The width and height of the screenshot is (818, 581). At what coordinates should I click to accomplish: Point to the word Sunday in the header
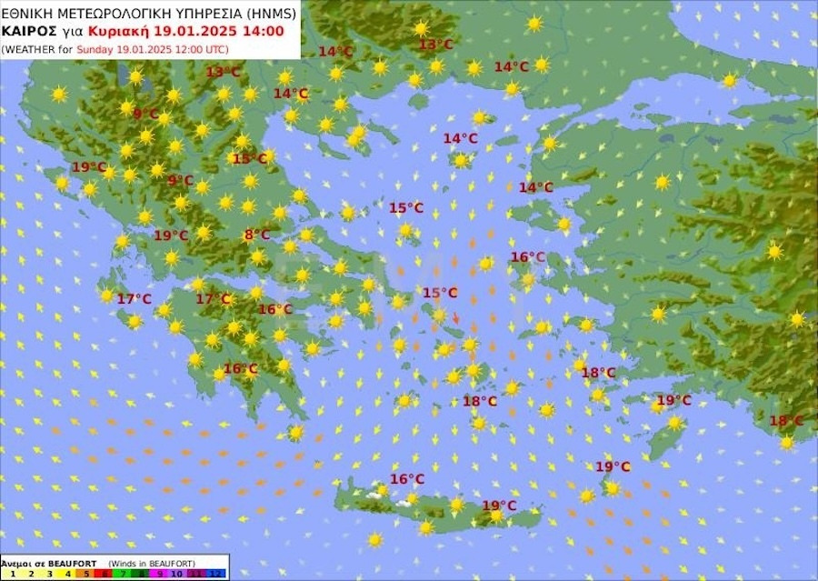pyautogui.click(x=94, y=48)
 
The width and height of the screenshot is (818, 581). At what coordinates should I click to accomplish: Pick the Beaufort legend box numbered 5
pyautogui.click(x=86, y=573)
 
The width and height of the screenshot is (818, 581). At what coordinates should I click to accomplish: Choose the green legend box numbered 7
pyautogui.click(x=124, y=573)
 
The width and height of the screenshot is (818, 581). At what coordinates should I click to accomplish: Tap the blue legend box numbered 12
pyautogui.click(x=215, y=573)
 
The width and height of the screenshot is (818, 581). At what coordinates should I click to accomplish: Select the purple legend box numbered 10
pyautogui.click(x=178, y=573)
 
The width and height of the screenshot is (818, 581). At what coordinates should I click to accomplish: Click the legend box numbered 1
pyautogui.click(x=12, y=573)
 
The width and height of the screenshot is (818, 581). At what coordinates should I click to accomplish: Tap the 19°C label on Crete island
pyautogui.click(x=499, y=506)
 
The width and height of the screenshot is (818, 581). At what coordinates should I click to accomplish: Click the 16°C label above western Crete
pyautogui.click(x=407, y=479)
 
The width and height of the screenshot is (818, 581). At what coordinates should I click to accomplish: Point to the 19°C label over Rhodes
pyautogui.click(x=673, y=400)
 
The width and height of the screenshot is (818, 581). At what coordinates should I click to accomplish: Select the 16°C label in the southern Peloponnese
pyautogui.click(x=241, y=368)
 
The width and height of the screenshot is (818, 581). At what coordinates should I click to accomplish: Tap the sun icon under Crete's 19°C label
pyautogui.click(x=496, y=516)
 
